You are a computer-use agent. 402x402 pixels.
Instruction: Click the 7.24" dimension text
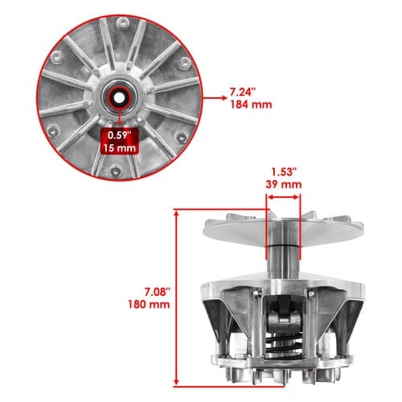coord(241,92)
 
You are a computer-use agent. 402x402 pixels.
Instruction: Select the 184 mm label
coord(251,105)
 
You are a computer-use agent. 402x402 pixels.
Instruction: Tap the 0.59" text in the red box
coord(119,135)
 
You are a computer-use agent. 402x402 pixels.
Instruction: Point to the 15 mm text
coord(120,148)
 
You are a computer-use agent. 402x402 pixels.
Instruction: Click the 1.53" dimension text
coord(284,172)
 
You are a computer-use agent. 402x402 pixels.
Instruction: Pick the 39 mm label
coord(284,184)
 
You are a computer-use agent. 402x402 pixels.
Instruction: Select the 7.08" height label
coord(158,292)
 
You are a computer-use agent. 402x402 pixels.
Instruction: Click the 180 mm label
coord(149,305)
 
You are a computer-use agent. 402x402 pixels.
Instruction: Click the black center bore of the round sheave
coord(119,97)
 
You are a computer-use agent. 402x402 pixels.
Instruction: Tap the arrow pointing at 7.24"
coord(215,98)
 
